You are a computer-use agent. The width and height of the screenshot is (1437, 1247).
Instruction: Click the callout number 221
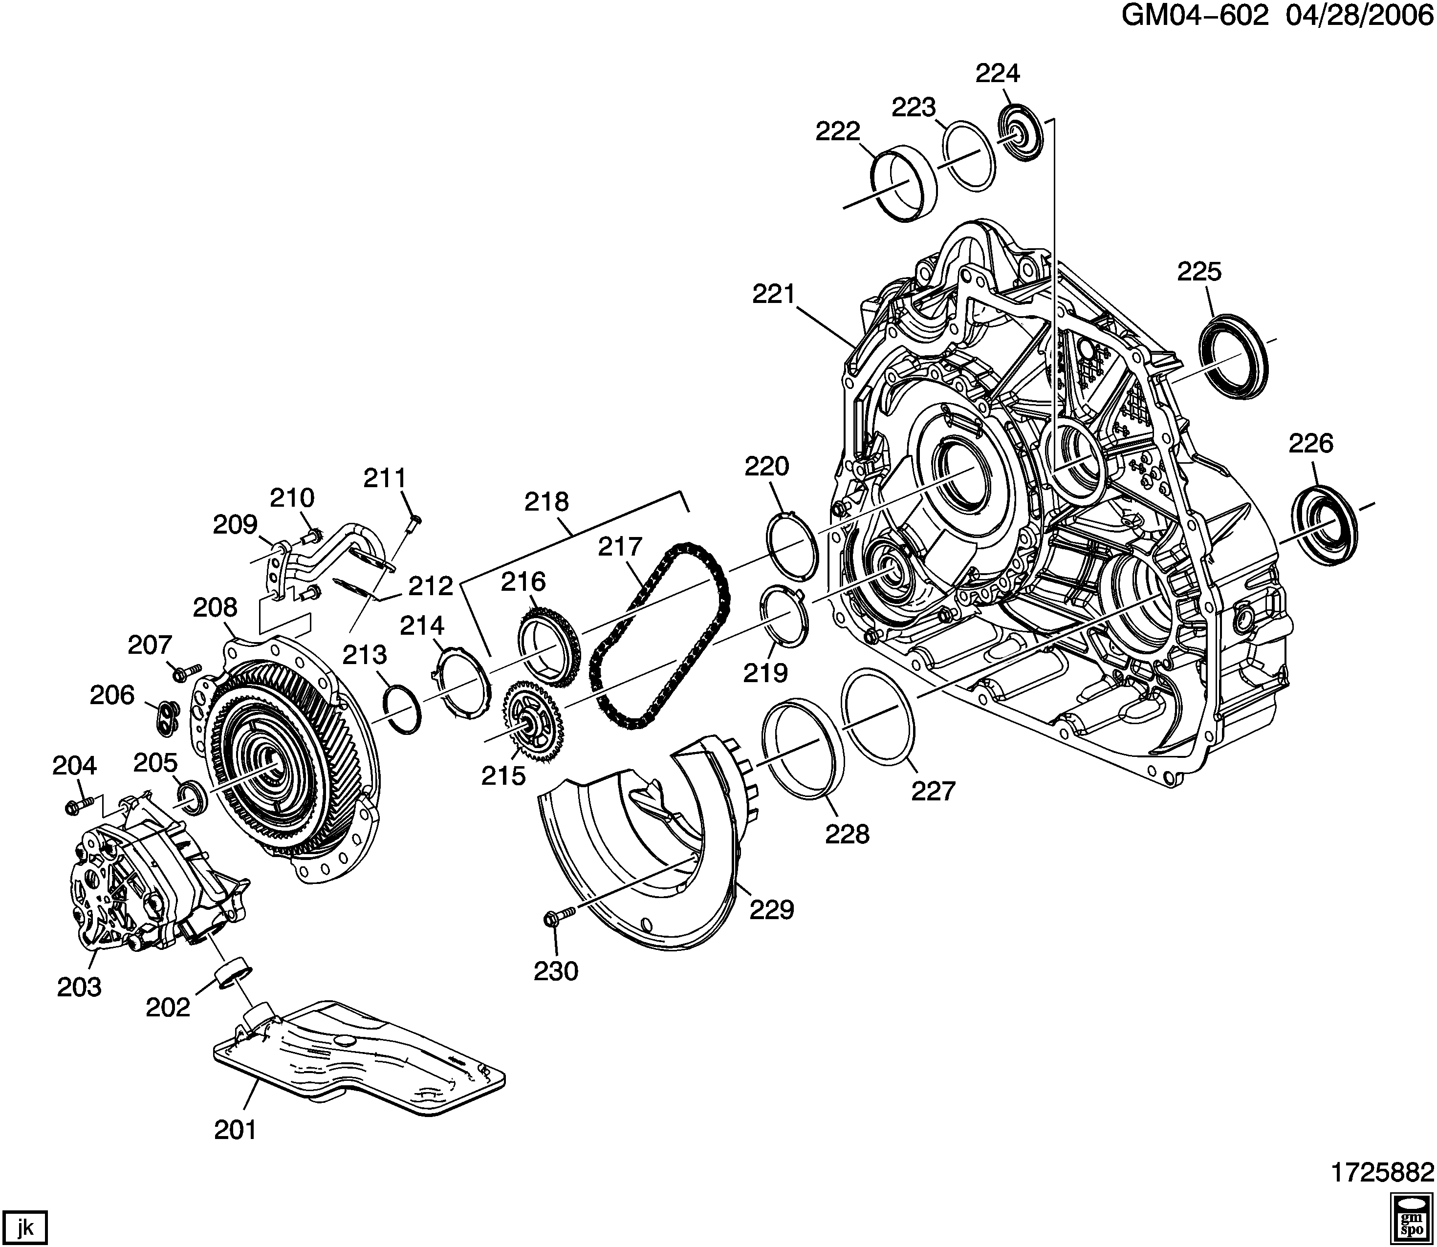[x=774, y=294]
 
